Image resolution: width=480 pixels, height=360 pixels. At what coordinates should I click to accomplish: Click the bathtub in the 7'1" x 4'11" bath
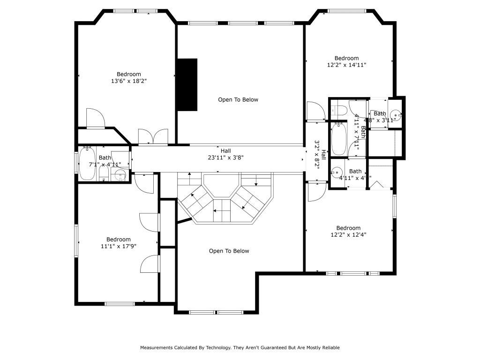[87, 164]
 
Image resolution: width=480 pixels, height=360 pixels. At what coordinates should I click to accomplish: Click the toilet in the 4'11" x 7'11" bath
[339, 111]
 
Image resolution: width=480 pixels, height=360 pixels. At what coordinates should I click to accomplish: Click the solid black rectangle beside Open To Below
[187, 85]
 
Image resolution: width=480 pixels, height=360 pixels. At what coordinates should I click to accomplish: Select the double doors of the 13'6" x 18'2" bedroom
[152, 137]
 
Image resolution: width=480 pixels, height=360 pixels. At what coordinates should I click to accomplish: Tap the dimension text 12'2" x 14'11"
[346, 65]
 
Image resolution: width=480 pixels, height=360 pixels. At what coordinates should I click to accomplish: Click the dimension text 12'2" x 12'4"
[348, 235]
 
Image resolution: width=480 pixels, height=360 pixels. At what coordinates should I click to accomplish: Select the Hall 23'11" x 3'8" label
[226, 154]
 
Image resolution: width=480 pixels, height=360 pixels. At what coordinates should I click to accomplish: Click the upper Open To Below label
[238, 99]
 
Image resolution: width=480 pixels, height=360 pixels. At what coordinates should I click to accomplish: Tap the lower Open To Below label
[229, 251]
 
